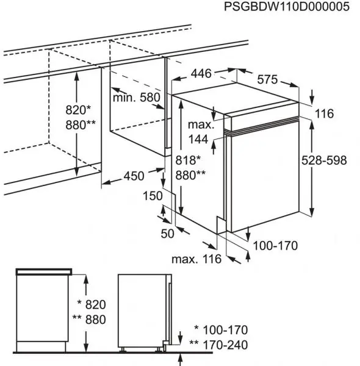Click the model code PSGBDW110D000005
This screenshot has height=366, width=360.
click(x=287, y=7)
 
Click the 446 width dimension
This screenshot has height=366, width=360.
click(x=201, y=74)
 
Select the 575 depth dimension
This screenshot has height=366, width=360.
click(x=267, y=79)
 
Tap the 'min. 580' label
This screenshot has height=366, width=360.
click(x=137, y=98)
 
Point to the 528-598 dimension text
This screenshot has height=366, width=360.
click(x=324, y=160)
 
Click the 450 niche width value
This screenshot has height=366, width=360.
click(x=134, y=176)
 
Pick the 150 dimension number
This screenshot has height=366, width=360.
click(x=153, y=196)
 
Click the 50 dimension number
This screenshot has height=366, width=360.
click(x=167, y=234)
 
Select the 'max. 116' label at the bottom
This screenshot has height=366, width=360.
click(x=196, y=259)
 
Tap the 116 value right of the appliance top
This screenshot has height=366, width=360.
click(x=324, y=113)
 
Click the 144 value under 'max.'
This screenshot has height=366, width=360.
click(x=198, y=140)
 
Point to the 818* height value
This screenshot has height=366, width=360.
click(x=188, y=160)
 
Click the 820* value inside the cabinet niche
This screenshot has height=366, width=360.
click(x=78, y=110)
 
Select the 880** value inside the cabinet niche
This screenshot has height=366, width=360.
click(x=81, y=125)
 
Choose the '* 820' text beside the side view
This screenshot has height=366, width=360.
click(x=92, y=304)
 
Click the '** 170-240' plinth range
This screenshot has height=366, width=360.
click(x=218, y=345)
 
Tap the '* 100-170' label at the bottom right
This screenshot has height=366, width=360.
click(x=221, y=330)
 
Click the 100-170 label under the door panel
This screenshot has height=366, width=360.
click(x=275, y=246)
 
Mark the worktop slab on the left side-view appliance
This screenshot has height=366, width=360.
click(x=44, y=271)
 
